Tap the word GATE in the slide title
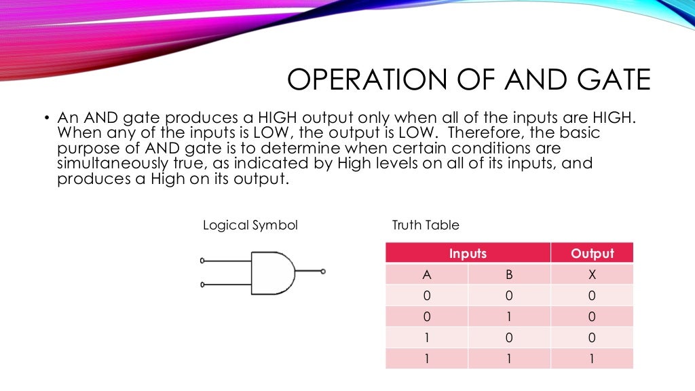coord(609,79)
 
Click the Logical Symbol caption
coord(250,225)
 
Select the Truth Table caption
coord(426,225)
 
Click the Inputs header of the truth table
coord(468,254)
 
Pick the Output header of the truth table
coord(592,254)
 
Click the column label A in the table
coord(426,275)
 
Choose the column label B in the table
coord(509,275)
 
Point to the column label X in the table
coord(592,275)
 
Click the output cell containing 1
coord(592,359)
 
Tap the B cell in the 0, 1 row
coord(509,317)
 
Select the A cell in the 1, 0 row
coord(426,338)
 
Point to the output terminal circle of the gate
coord(323,272)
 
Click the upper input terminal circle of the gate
coord(202,261)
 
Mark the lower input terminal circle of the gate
coord(202,284)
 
